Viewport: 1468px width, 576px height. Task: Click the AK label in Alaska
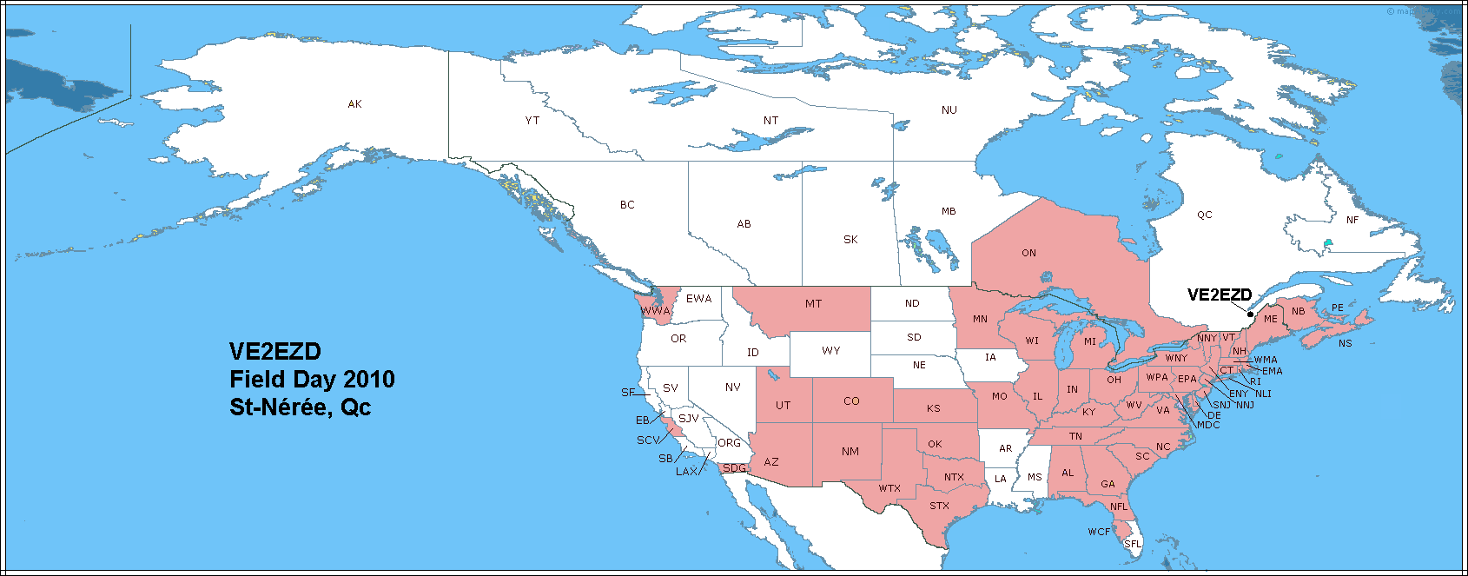(x=354, y=104)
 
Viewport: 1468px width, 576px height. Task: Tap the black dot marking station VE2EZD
(x=1251, y=314)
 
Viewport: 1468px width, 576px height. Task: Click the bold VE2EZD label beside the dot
(x=1220, y=295)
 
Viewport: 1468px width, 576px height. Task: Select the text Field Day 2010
(x=312, y=380)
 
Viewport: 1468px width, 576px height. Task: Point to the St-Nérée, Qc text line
(x=300, y=407)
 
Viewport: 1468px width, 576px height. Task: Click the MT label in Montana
(x=813, y=304)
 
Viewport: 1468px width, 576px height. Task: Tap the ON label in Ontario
(x=1028, y=254)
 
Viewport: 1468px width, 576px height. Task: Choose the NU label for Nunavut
(x=949, y=110)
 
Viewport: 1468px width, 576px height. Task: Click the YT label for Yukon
(x=532, y=121)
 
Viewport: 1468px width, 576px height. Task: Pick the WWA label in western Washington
(x=656, y=311)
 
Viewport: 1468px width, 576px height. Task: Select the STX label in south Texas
(x=939, y=506)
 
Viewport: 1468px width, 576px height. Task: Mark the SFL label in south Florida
(x=1133, y=544)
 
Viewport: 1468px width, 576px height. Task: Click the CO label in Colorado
(x=851, y=401)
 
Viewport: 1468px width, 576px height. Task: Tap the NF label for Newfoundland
(x=1352, y=221)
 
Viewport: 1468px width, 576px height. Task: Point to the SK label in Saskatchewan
(x=850, y=240)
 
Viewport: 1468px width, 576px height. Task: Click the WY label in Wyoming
(x=831, y=351)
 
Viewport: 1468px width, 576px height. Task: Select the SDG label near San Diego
(x=734, y=468)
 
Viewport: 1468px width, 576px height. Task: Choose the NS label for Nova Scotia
(x=1345, y=344)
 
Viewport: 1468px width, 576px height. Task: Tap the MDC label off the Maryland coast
(x=1208, y=425)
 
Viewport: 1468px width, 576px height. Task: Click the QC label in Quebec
(x=1204, y=215)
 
